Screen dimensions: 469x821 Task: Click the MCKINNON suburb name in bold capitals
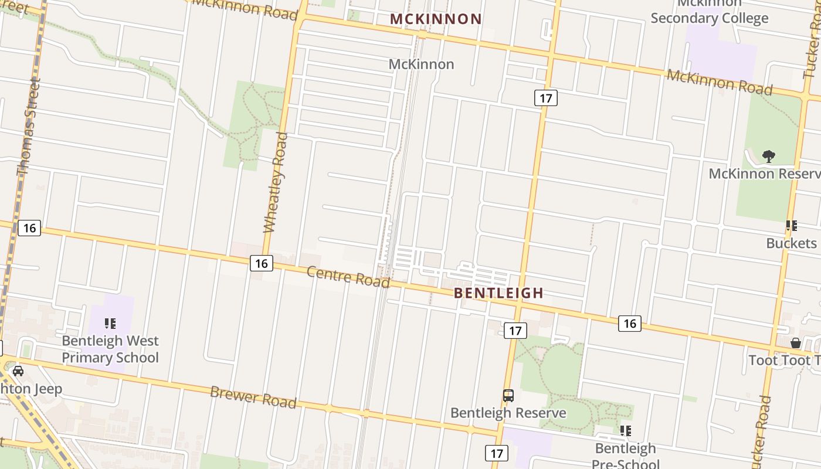436,19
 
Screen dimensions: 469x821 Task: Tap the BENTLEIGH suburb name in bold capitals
498,293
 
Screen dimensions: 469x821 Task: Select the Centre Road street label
348,277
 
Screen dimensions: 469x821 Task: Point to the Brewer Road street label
253,397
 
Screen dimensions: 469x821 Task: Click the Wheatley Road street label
276,182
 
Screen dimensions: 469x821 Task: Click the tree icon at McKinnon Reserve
768,156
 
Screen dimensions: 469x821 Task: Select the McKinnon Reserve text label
764,174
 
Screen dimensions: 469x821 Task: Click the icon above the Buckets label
792,226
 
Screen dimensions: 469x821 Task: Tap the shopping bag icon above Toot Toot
796,343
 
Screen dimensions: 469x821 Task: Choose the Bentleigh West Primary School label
110,349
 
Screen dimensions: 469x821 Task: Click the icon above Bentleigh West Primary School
110,324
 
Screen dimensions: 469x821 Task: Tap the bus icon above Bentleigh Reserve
508,396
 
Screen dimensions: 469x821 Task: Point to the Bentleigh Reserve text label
508,413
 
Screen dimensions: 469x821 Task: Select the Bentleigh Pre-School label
625,456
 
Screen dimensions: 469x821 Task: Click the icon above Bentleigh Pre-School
626,431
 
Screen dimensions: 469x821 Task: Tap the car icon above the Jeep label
18,371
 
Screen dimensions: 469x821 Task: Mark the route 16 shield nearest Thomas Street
29,227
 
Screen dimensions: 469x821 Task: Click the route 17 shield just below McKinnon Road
545,98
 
